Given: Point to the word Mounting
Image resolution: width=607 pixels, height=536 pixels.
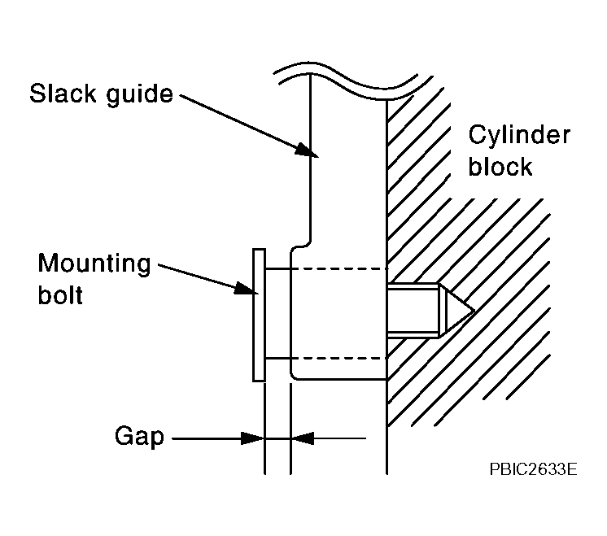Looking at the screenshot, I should (x=95, y=264).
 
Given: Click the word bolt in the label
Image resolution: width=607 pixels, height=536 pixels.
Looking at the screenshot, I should (x=60, y=294).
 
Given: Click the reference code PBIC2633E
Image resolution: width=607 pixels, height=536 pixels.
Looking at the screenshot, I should (x=534, y=469).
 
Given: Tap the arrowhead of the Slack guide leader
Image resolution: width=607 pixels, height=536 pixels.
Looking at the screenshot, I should (x=305, y=150).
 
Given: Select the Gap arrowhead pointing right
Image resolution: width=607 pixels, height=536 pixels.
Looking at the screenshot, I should (x=254, y=438).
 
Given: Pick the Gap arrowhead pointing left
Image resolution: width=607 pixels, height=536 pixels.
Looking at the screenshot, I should (x=302, y=438).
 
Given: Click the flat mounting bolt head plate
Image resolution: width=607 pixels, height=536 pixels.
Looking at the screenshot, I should (x=259, y=314).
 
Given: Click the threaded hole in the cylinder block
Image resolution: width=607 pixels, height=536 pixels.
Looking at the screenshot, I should (x=415, y=310).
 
